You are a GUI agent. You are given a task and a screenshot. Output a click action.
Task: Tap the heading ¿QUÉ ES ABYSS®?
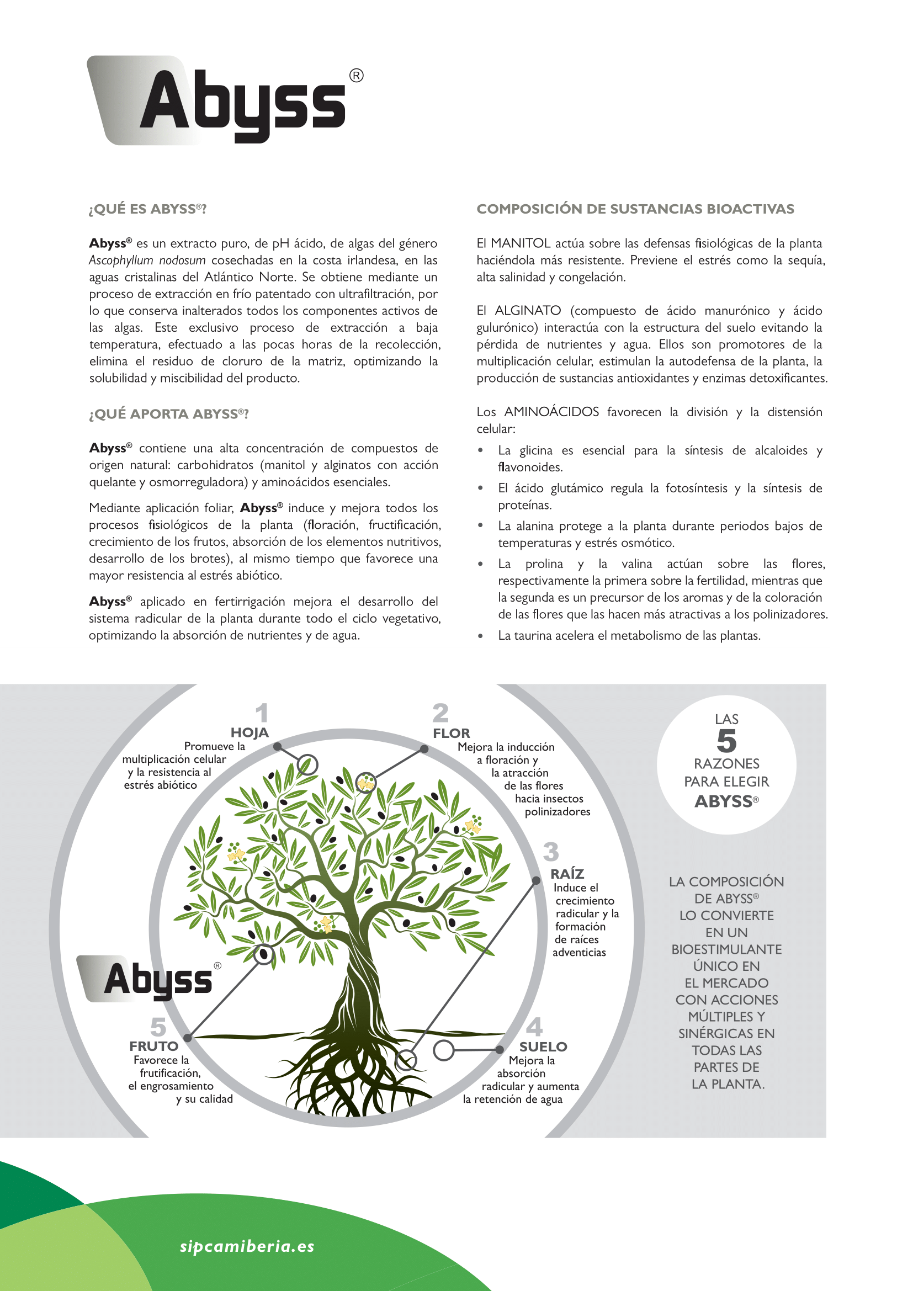[148, 209]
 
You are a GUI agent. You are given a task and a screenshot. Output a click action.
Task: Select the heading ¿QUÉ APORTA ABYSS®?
[169, 414]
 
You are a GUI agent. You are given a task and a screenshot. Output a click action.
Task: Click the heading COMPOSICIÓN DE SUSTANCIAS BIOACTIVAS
[635, 209]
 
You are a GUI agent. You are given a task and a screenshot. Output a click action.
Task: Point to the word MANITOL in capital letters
[520, 243]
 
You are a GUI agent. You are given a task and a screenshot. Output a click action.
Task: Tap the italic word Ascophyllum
[121, 261]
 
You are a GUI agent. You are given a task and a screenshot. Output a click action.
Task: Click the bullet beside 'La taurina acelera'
[480, 636]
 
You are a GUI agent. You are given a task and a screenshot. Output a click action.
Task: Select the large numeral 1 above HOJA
[262, 713]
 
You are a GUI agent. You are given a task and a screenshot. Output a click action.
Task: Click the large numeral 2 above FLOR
[440, 713]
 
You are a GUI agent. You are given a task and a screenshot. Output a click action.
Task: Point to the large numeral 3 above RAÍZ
[551, 852]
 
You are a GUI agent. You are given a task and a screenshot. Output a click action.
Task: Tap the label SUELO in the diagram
[543, 1046]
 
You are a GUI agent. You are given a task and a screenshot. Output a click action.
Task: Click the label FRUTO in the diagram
[153, 1046]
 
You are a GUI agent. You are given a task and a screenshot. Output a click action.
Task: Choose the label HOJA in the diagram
[250, 732]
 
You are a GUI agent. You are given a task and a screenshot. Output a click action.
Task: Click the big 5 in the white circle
[726, 741]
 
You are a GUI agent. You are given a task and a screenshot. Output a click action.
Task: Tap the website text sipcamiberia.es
[247, 1246]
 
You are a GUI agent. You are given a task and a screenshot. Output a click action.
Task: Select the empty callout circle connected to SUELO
[444, 1050]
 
